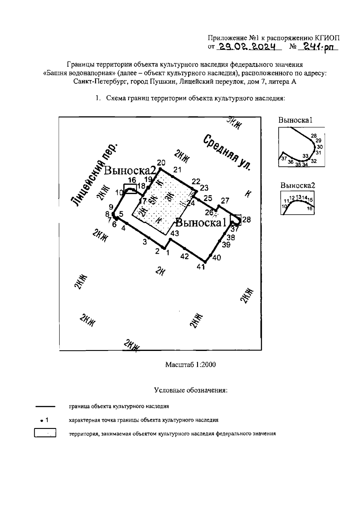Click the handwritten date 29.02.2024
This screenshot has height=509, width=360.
(x=248, y=46)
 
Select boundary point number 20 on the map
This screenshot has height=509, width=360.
(x=160, y=169)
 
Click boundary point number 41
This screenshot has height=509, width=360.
(x=205, y=262)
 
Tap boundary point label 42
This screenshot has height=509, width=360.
(x=184, y=256)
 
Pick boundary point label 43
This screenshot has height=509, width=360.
(x=174, y=233)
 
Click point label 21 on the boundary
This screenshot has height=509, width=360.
(x=177, y=170)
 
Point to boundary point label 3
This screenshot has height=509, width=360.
(x=145, y=242)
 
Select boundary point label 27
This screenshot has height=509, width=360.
(x=225, y=200)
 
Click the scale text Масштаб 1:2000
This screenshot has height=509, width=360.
(x=190, y=364)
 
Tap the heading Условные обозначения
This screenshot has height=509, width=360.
(x=191, y=390)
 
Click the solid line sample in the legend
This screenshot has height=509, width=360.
(x=45, y=407)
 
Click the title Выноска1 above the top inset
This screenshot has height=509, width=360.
(x=295, y=120)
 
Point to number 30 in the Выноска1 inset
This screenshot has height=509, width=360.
(x=320, y=147)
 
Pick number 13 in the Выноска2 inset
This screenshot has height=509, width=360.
(x=298, y=197)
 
